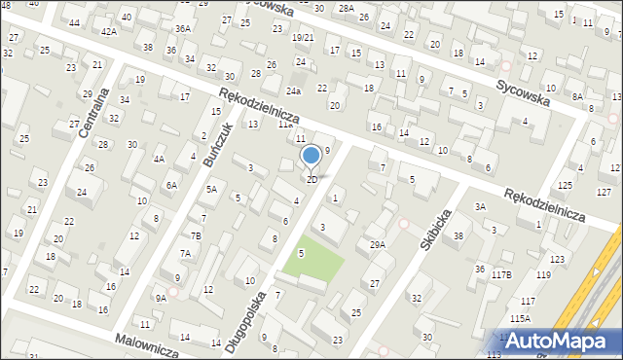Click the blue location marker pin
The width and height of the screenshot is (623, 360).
[311, 156]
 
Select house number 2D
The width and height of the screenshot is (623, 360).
[311, 180]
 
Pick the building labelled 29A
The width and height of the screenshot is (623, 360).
[377, 245]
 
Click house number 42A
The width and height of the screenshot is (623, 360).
[108, 32]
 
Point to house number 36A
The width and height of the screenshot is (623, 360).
[182, 29]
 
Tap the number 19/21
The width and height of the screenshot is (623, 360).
[303, 37]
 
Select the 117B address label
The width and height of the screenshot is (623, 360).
[500, 275]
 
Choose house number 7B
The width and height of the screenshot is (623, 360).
[195, 235]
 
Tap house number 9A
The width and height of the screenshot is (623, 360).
[161, 299]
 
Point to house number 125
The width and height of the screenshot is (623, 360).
[565, 185]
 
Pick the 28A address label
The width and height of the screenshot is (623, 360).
[346, 8]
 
